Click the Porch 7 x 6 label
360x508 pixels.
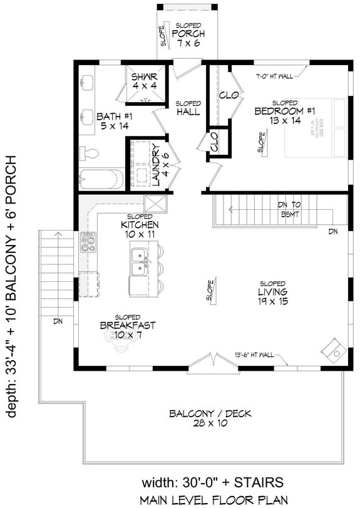(x=186, y=37)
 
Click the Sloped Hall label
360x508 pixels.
(x=187, y=107)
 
